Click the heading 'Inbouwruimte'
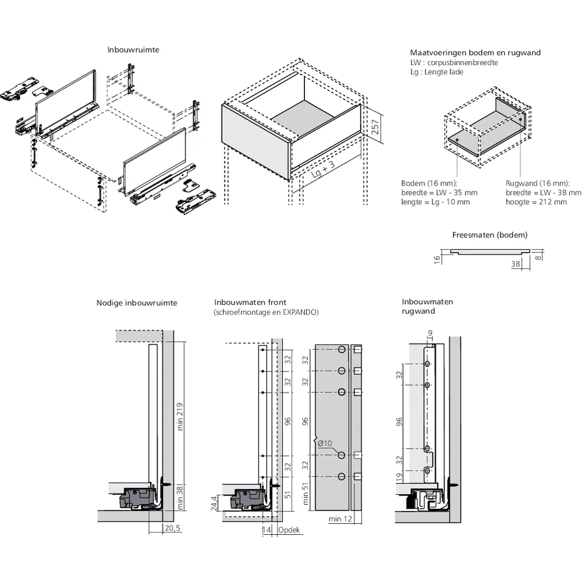pyautogui.click(x=133, y=50)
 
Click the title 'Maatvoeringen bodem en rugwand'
pyautogui.click(x=475, y=52)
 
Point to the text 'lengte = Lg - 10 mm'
pyautogui.click(x=435, y=202)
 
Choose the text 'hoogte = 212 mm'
pyautogui.click(x=536, y=202)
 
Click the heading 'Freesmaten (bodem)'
pyautogui.click(x=489, y=235)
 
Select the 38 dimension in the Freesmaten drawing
pyautogui.click(x=514, y=263)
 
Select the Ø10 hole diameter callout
pyautogui.click(x=325, y=443)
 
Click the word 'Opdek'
pyautogui.click(x=289, y=530)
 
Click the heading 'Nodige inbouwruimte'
pyautogui.click(x=137, y=303)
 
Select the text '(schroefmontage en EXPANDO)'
pyautogui.click(x=266, y=313)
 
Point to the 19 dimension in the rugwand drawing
pyautogui.click(x=400, y=478)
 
